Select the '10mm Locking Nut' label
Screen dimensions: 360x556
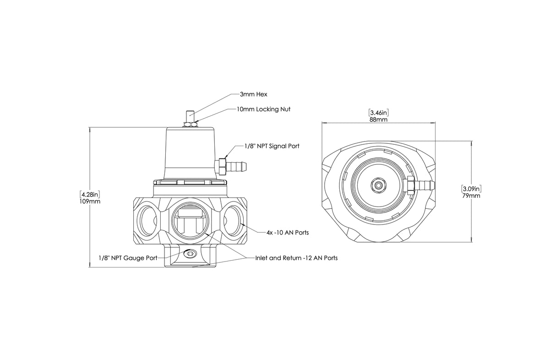[263, 109]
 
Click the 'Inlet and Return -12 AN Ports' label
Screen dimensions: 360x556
[296, 258]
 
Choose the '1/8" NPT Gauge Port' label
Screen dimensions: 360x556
[128, 258]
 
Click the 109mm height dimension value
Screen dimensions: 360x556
[89, 201]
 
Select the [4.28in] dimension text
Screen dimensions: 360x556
[89, 194]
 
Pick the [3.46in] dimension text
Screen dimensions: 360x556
[378, 112]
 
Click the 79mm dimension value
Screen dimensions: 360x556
[471, 196]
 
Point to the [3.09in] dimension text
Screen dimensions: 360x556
[471, 188]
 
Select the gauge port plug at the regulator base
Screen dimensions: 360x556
[190, 253]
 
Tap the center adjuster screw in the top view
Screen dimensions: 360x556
[378, 185]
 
